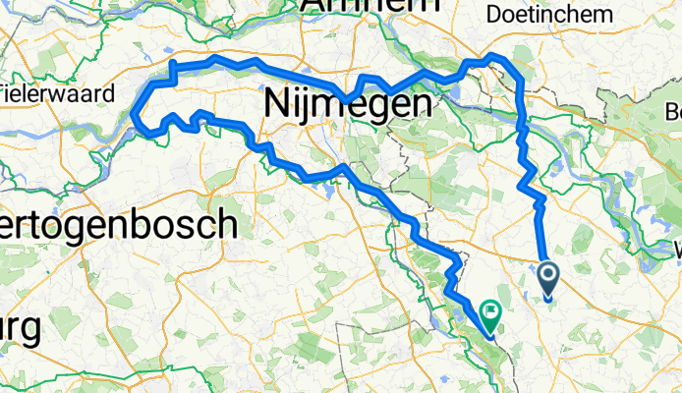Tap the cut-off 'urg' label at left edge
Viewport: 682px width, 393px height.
pos(20,329)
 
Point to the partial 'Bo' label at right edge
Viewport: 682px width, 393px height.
pos(673,109)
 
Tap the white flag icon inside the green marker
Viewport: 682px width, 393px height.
pos(489,313)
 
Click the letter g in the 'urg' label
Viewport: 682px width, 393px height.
pos(31,332)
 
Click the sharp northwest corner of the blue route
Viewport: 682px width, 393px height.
pos(173,63)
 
